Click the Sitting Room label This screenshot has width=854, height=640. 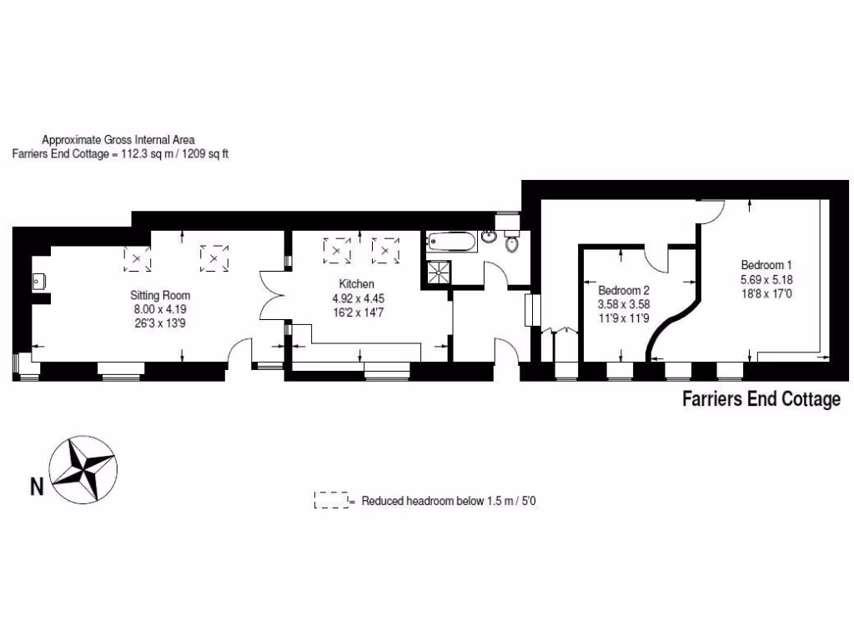(160, 295)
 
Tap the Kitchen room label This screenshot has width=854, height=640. (356, 284)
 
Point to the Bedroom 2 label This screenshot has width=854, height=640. (624, 291)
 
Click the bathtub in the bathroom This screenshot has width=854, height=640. (451, 242)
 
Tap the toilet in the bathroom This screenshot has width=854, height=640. (511, 246)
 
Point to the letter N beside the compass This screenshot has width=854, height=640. (37, 486)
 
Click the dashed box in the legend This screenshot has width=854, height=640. (331, 500)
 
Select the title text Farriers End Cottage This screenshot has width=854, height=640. (761, 400)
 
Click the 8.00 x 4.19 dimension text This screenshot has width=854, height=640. (160, 309)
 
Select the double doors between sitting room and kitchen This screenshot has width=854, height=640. (273, 295)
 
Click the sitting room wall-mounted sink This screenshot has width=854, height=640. (38, 282)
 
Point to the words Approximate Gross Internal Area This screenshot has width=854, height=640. (118, 140)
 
